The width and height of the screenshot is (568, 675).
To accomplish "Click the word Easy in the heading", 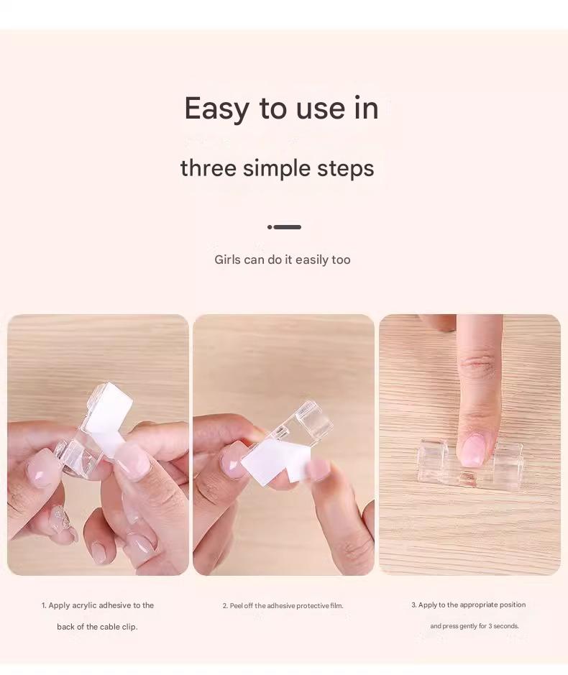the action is tap(216, 109).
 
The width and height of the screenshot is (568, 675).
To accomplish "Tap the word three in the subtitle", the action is tap(209, 167).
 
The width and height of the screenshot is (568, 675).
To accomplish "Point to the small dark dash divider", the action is tap(284, 227).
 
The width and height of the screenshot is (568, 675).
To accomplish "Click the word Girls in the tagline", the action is tap(227, 260).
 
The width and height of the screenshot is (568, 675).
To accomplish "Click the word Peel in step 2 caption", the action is tap(236, 606).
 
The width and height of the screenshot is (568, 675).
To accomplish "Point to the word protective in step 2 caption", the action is tap(313, 606).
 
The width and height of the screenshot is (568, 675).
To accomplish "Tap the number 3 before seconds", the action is tap(490, 626).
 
